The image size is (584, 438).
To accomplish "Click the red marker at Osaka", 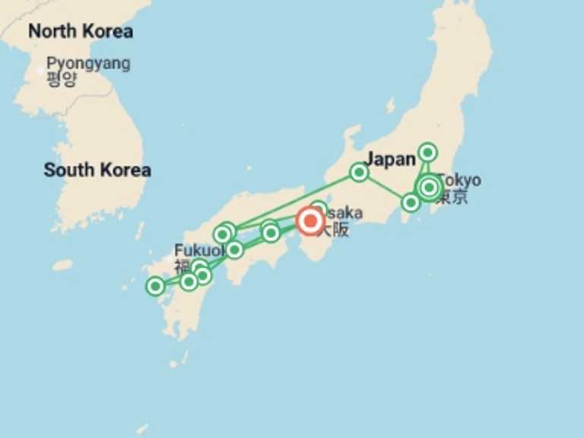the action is coord(310,221).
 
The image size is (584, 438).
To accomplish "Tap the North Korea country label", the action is coord(80,31).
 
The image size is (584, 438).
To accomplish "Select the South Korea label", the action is coord(97,170).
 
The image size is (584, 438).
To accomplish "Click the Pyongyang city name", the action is coord(87,63).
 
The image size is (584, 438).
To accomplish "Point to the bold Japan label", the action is coord(390,159).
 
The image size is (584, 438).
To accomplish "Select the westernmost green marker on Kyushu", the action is coord(155,286).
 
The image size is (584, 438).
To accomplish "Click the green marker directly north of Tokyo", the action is coord(428,152).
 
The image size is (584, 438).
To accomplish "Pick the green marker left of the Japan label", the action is coord(359,173).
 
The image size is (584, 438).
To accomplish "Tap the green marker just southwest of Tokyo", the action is coord(411,202).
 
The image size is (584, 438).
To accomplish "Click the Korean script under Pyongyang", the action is coord(61,79).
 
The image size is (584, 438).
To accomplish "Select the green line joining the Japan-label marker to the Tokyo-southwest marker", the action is coord(385,187).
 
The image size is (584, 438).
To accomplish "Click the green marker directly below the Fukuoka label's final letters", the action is coord(199,267).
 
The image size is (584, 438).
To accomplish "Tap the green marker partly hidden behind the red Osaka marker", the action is coord(319,209).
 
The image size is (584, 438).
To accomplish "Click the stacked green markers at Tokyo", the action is coord(430,186).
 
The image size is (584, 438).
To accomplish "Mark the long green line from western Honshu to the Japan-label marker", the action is coord(293,200).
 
